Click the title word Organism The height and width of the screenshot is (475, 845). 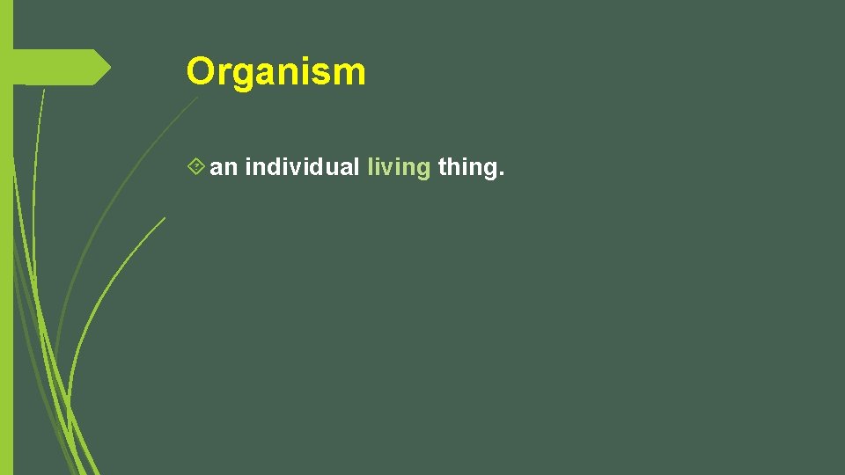tap(276, 72)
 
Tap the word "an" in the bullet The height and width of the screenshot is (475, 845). tap(224, 167)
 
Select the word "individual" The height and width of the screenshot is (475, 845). tap(302, 167)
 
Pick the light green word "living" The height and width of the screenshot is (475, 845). tap(399, 167)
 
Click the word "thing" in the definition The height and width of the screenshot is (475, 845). tap(467, 167)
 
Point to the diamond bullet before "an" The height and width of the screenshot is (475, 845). tap(197, 166)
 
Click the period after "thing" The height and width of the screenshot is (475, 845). tap(502, 173)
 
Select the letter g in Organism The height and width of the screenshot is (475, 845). tap(246, 76)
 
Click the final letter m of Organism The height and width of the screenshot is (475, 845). tap(349, 74)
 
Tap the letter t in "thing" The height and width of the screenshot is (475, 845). tap(441, 167)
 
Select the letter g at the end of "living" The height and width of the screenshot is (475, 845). tap(422, 171)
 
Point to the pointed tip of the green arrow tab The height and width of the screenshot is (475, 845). tap(109, 68)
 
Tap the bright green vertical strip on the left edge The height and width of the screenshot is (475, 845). tap(6, 264)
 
